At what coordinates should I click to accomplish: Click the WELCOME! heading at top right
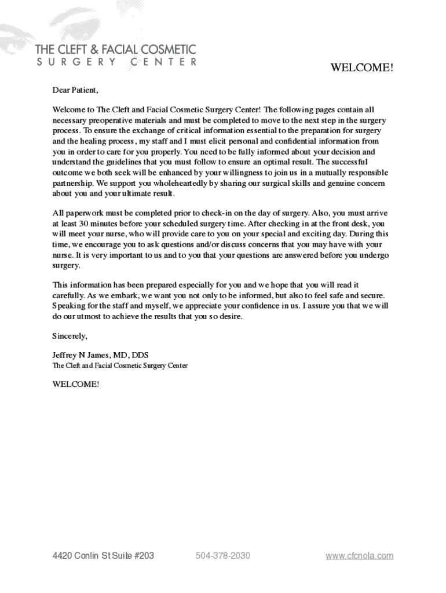(x=361, y=68)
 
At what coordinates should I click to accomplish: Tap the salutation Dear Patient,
(x=75, y=90)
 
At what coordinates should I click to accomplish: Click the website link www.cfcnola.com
(x=359, y=556)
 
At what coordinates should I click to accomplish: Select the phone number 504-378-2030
(x=223, y=556)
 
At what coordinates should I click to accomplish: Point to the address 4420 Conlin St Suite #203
(x=103, y=556)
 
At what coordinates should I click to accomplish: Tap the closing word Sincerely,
(x=70, y=336)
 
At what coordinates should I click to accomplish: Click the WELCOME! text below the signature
(x=75, y=384)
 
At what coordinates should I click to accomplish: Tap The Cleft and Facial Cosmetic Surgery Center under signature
(x=120, y=366)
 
